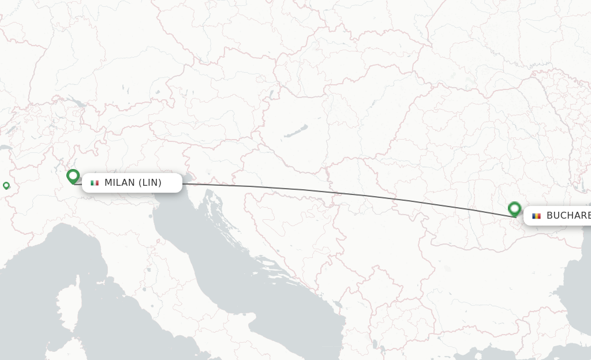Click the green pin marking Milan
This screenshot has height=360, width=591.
point(73,176)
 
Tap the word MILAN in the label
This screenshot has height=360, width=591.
point(119,183)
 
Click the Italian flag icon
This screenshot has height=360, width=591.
point(95,183)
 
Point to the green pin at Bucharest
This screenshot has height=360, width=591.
point(514,208)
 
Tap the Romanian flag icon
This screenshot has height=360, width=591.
point(537,216)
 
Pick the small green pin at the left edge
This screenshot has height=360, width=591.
point(6,185)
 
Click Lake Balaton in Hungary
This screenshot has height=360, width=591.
point(295,132)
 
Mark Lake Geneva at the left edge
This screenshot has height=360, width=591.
point(6,148)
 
